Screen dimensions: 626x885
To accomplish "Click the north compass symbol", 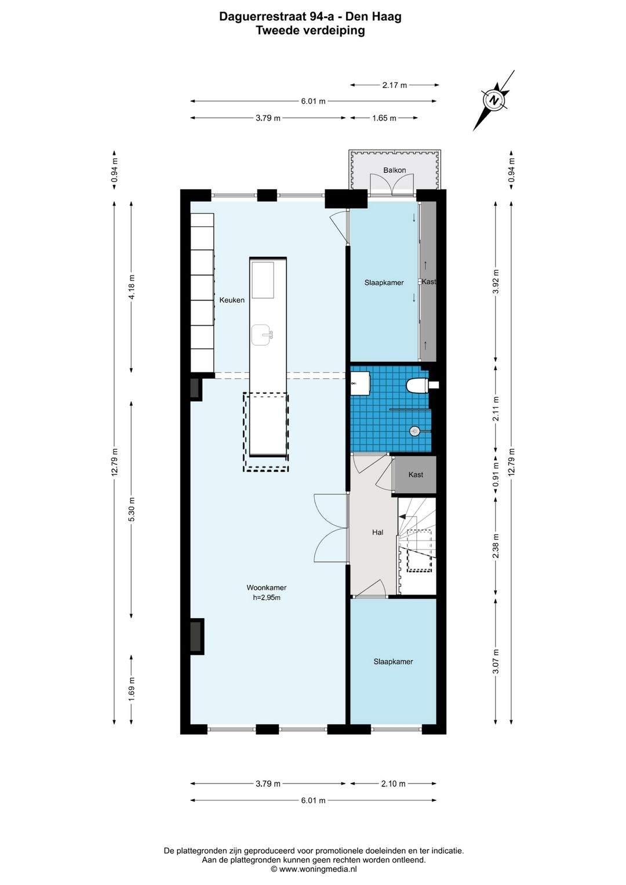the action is pos(494,100).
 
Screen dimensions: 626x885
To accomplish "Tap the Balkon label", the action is pos(394,171).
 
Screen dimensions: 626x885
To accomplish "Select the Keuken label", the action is pos(232,300).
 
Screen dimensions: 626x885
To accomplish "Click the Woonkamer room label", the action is pos(267,587).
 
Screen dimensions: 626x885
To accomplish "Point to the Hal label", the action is pos(377,532).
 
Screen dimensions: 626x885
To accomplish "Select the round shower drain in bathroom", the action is pos(414,431).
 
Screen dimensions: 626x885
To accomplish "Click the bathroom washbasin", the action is pos(360,383).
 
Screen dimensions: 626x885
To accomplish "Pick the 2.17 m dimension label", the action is pos(394,85).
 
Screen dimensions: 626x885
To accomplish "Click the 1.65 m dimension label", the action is pos(384,118).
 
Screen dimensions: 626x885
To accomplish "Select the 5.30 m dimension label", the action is pos(132,509).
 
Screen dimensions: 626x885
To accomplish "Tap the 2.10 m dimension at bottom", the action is pos(393,783).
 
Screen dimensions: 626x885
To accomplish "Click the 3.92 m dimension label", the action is pos(496,281).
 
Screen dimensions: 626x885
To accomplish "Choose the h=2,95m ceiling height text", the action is pos(267,597).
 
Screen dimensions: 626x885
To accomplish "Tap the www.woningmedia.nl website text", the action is pos(318,869).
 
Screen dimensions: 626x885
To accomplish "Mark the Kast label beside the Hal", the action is pos(416,474).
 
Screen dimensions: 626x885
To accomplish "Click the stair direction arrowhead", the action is pos(402,516).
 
